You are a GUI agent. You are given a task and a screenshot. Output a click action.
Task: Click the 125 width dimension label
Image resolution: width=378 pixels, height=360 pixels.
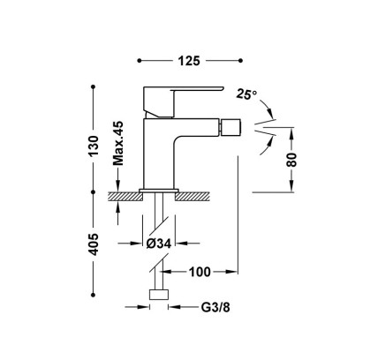click(189, 61)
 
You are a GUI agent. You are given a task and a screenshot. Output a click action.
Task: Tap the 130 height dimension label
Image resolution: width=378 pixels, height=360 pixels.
click(94, 146)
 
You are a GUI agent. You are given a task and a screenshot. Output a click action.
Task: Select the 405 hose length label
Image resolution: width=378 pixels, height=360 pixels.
click(94, 244)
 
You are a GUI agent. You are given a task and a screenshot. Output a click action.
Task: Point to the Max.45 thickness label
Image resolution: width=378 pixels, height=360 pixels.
click(118, 143)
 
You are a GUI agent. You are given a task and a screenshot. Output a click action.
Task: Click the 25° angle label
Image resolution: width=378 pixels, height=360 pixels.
click(246, 94)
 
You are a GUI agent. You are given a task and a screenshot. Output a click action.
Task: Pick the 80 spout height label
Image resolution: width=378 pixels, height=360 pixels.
click(291, 160)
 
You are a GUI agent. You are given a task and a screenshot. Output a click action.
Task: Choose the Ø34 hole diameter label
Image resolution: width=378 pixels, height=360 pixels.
click(159, 244)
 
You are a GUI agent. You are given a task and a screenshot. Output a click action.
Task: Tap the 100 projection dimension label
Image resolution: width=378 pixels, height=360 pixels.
click(200, 272)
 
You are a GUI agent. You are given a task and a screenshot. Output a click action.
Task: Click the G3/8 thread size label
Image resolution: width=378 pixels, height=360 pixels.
click(215, 307)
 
